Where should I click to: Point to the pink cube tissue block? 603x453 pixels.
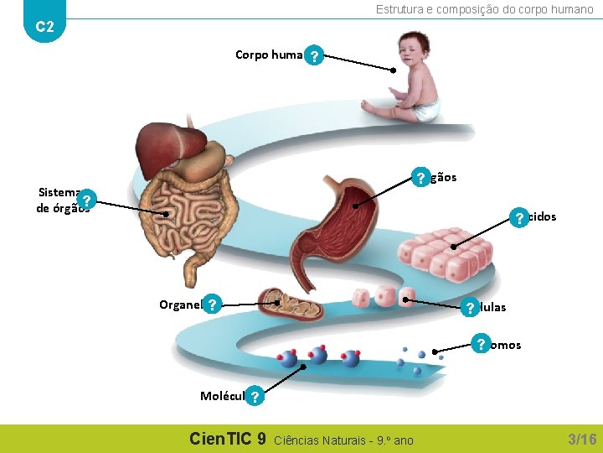(x=444, y=251)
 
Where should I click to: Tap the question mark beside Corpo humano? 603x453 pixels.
(x=313, y=56)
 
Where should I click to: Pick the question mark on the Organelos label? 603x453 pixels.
(x=214, y=304)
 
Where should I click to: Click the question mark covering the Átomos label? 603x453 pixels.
(x=481, y=344)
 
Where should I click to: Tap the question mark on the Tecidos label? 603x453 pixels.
(x=520, y=218)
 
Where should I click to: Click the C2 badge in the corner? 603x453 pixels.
(x=45, y=27)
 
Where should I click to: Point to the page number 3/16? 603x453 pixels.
(x=582, y=440)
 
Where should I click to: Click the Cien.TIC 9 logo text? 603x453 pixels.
(x=228, y=439)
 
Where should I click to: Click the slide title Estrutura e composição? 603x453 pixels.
(x=484, y=9)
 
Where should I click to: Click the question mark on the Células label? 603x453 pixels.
(x=471, y=308)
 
